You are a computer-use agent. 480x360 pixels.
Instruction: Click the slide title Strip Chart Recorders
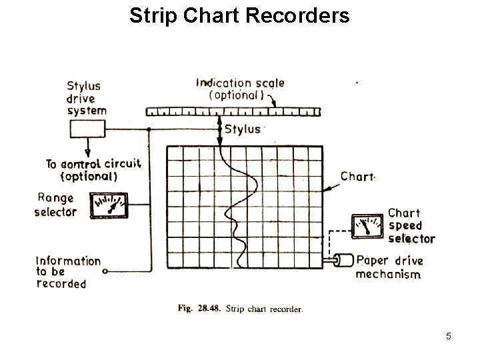(239, 15)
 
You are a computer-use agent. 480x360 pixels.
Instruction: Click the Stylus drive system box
(87, 128)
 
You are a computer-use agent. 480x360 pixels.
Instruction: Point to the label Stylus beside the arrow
(243, 129)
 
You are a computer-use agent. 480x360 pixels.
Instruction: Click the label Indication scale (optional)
(240, 89)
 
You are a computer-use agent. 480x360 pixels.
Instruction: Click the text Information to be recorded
(67, 272)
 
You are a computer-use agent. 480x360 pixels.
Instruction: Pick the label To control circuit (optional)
(93, 170)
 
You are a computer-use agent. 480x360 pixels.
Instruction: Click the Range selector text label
(57, 205)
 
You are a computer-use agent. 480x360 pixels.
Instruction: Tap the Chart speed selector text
(411, 225)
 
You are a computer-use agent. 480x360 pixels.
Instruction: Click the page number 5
(448, 337)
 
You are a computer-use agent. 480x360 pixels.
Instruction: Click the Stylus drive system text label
(87, 98)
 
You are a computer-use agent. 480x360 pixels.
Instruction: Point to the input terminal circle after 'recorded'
(106, 271)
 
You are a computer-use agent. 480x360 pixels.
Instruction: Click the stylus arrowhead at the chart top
(219, 141)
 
